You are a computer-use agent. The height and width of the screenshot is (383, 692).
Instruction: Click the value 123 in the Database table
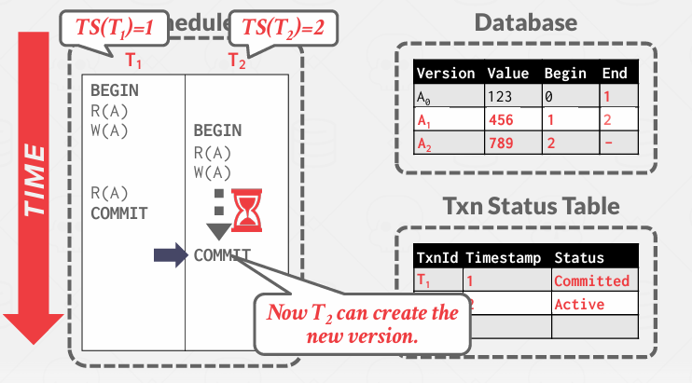pyautogui.click(x=501, y=96)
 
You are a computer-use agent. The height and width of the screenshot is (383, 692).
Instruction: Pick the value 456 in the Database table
pyautogui.click(x=501, y=120)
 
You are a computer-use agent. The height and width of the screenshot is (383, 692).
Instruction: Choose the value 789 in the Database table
pyautogui.click(x=501, y=144)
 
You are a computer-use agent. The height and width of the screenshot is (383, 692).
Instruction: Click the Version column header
pyautogui.click(x=445, y=73)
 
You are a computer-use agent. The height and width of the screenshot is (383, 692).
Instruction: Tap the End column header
pyautogui.click(x=615, y=73)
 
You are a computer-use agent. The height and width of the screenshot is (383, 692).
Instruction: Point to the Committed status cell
pyautogui.click(x=591, y=280)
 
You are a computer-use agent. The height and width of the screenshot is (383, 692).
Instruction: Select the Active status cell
pyautogui.click(x=578, y=304)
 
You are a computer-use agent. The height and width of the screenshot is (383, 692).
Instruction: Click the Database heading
pyautogui.click(x=525, y=21)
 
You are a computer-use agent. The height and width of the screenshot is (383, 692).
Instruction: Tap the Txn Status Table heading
pyautogui.click(x=525, y=206)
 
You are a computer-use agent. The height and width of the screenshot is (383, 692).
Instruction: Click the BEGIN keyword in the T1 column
pyautogui.click(x=115, y=90)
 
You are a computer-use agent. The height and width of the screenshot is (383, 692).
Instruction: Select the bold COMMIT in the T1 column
pyautogui.click(x=118, y=212)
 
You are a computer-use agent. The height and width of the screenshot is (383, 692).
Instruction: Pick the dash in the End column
pyautogui.click(x=608, y=144)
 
